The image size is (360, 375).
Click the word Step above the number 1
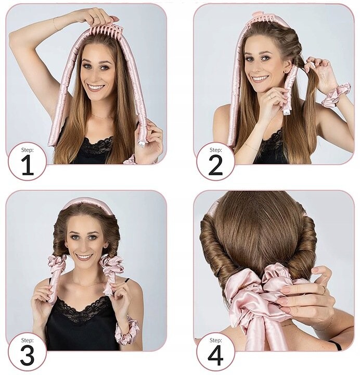28,150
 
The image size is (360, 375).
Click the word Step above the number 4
216,340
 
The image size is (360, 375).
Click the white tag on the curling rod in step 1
141,144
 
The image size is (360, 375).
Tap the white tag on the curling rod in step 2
287,112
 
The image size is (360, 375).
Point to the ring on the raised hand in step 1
96,17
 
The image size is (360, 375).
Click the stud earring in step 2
286,71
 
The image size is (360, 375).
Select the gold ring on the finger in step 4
324,290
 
